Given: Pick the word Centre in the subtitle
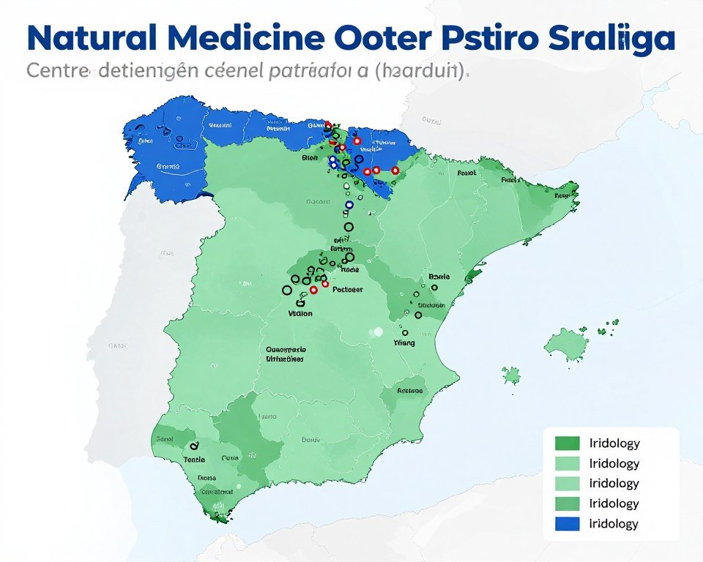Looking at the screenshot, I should [57, 73].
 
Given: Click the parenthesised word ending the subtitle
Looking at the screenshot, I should [423, 73].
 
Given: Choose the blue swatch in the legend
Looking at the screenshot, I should [568, 523].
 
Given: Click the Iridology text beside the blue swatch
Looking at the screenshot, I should [614, 523].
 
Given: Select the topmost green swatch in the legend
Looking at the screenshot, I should [568, 443].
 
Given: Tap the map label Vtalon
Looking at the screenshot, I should [299, 313].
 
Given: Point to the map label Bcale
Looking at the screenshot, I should [438, 277].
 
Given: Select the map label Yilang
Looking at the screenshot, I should [403, 342].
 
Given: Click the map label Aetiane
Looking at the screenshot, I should [409, 391].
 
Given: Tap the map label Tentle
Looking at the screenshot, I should [194, 459].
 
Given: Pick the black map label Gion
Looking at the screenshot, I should [310, 157].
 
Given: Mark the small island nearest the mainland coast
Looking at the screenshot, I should [512, 376].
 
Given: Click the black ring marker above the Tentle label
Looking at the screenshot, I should [194, 446].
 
